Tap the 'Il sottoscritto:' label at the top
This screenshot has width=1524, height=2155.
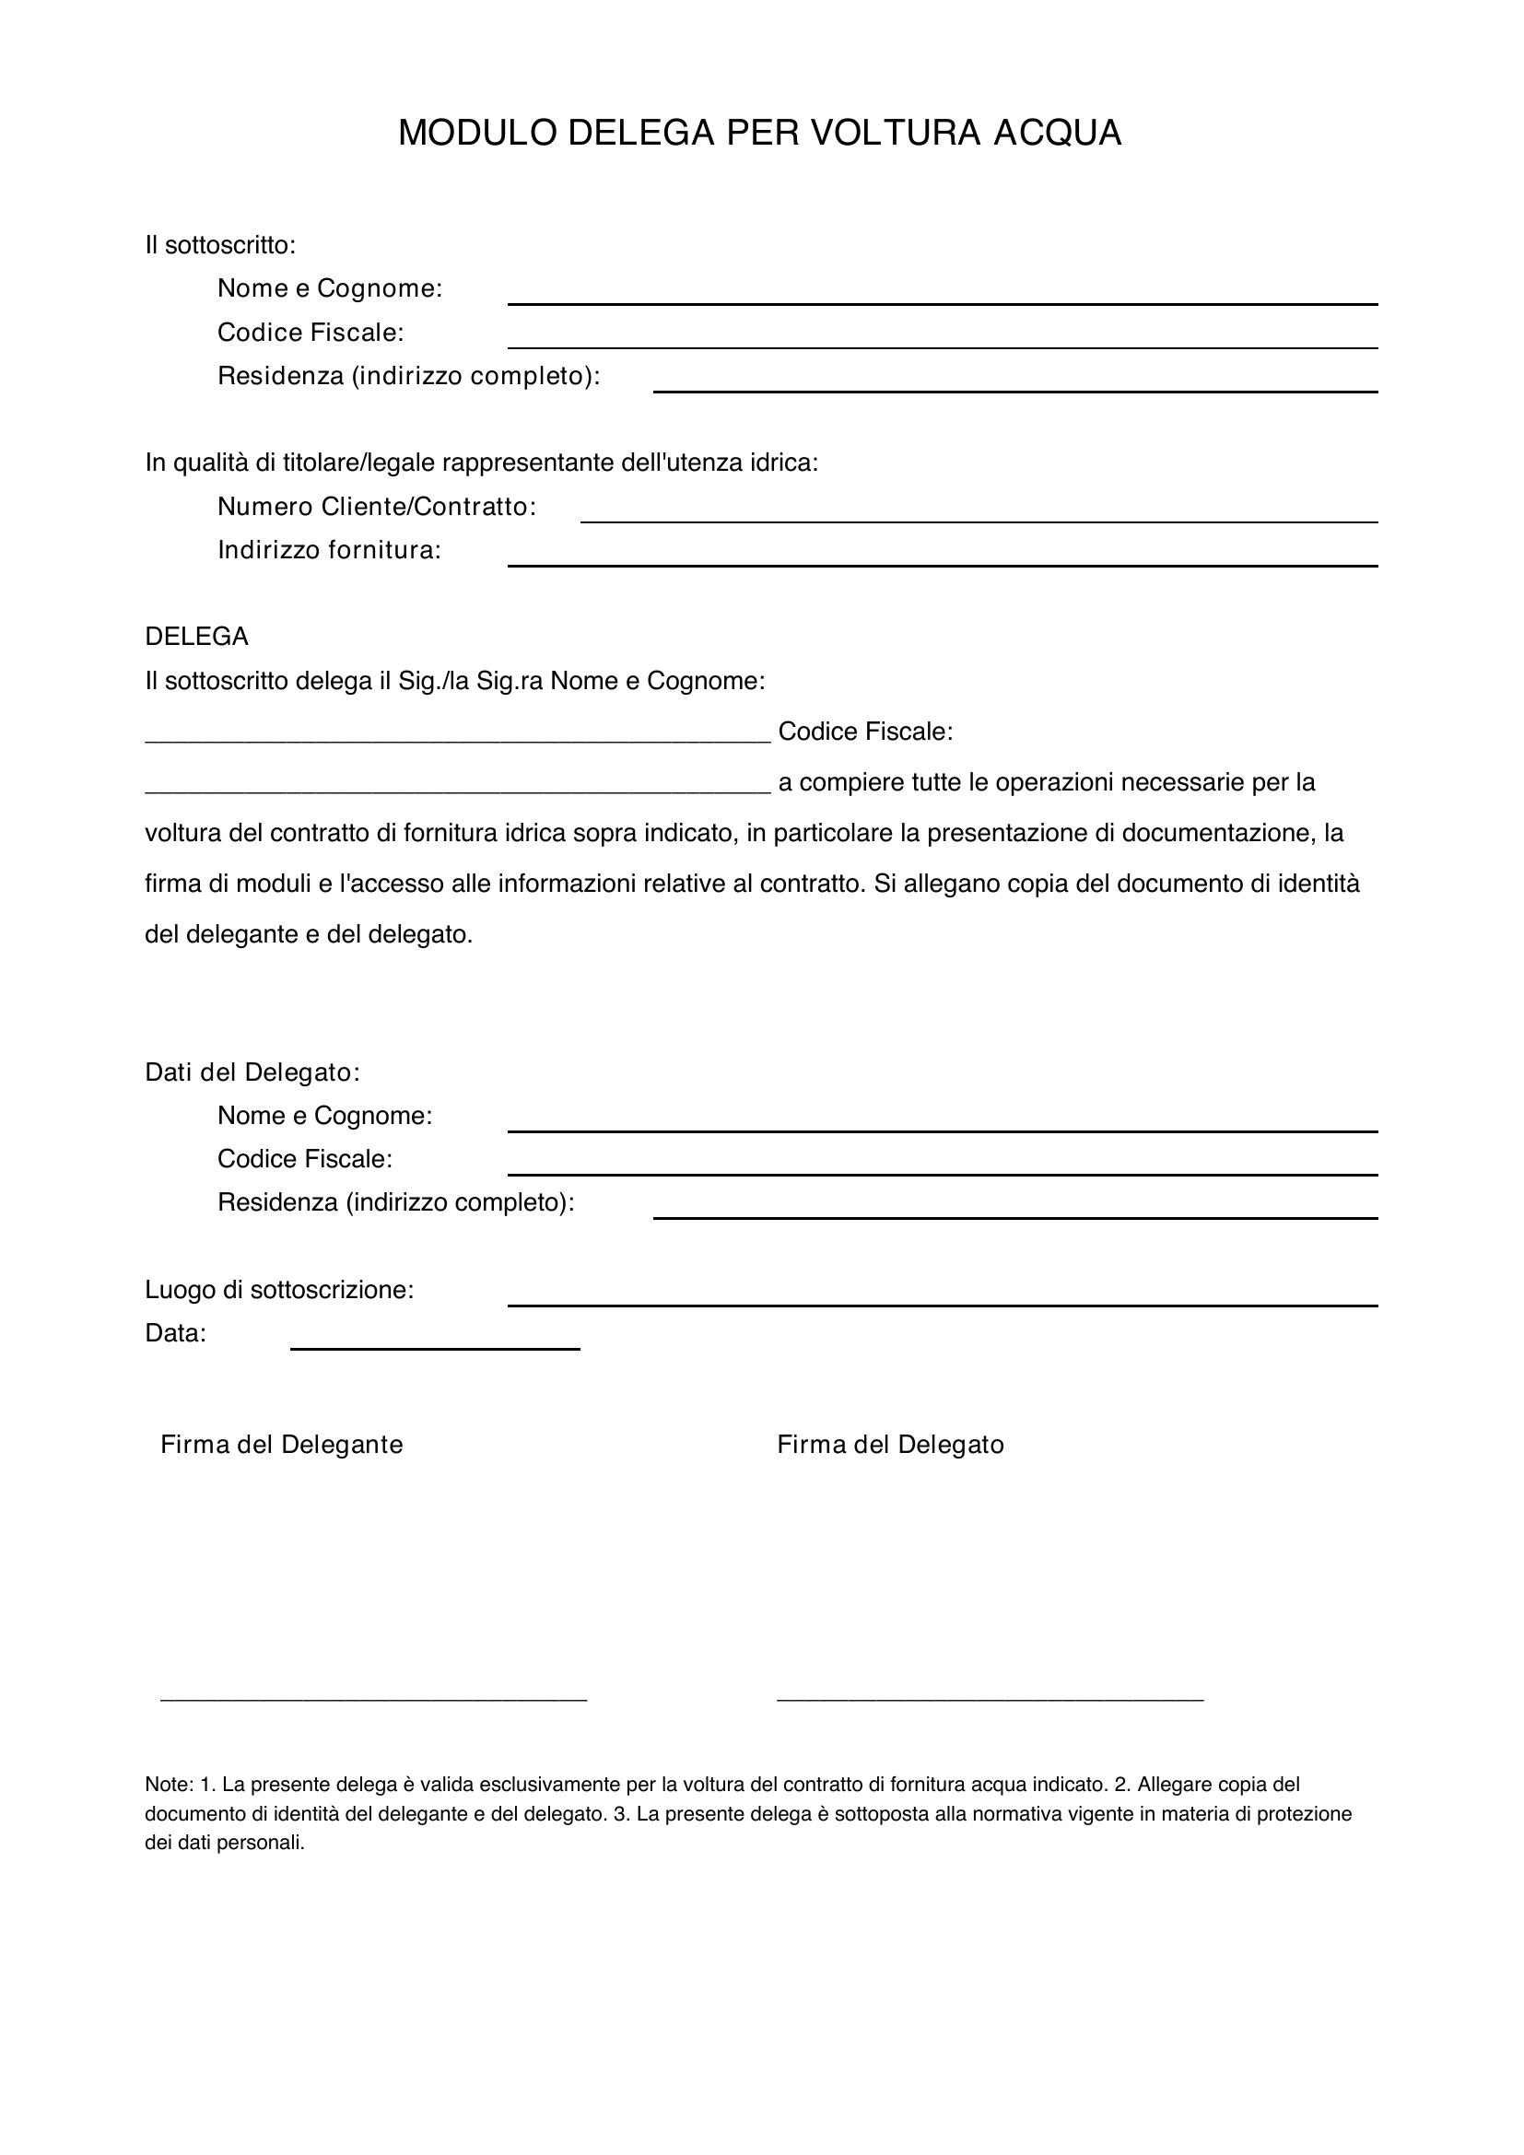220,246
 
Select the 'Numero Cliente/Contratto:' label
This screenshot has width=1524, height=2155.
376,507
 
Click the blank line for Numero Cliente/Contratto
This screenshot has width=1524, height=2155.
979,520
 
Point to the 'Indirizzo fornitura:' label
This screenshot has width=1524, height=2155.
329,550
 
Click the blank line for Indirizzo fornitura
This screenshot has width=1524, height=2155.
943,564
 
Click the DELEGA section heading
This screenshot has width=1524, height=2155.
196,637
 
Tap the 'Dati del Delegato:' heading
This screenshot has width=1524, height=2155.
252,1072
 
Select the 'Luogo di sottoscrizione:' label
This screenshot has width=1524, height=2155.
278,1290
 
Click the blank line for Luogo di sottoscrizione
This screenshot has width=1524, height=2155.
943,1304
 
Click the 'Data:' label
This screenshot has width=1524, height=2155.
175,1333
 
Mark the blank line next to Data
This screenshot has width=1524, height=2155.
435,1348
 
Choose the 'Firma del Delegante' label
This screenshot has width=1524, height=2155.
282,1445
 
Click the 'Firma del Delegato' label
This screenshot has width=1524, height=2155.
890,1445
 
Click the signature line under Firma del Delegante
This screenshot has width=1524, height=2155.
373,1697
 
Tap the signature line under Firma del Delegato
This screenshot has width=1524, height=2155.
989,1697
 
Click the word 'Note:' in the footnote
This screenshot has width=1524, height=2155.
169,1785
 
